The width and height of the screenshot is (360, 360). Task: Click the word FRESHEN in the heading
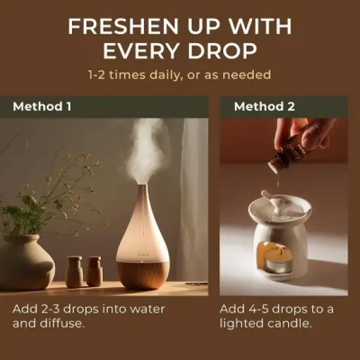123,26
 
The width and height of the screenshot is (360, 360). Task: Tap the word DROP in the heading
223,50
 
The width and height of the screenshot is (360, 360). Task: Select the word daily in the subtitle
165,75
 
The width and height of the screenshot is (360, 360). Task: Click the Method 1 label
42,107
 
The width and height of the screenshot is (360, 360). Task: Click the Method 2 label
264,107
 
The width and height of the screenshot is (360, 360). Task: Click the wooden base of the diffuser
143,275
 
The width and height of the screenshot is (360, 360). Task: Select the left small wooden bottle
74,272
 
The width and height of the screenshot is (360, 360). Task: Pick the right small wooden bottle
94,272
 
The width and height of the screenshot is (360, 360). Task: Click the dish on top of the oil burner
279,208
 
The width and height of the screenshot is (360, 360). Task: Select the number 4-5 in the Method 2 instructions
259,309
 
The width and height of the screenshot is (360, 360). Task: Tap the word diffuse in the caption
61,323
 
